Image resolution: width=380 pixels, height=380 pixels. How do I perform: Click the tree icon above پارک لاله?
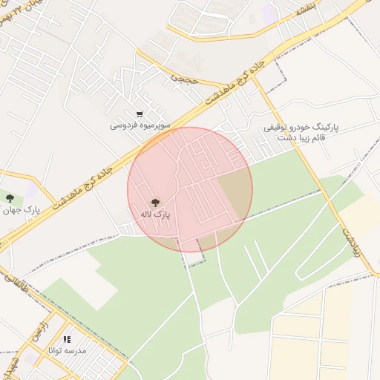[154, 202]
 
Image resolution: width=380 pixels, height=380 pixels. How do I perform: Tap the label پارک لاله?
[156, 214]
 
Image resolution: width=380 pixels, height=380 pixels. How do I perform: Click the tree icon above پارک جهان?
[10, 197]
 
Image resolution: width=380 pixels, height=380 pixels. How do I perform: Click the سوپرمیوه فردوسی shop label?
[140, 125]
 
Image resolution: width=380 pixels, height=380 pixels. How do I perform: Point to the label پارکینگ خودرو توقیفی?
[303, 128]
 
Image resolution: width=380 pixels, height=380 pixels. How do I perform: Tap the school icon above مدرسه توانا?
[68, 338]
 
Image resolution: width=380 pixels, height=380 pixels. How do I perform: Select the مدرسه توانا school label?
[68, 350]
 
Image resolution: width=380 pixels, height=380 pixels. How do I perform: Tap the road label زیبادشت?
[350, 242]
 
